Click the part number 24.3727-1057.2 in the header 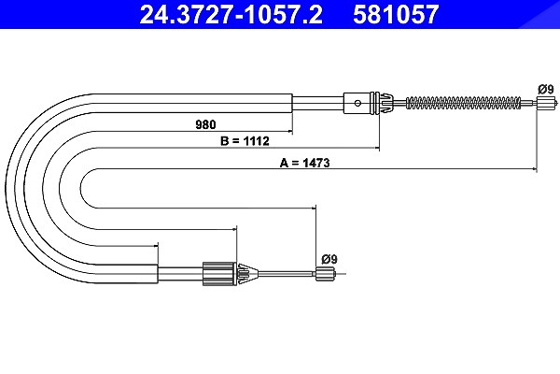231,14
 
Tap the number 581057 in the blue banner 396,14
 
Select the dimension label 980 205,124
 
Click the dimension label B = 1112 245,141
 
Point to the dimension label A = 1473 304,163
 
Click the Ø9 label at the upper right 546,89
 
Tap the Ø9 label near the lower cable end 329,259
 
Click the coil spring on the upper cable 464,103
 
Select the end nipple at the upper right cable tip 546,103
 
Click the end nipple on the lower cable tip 326,274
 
